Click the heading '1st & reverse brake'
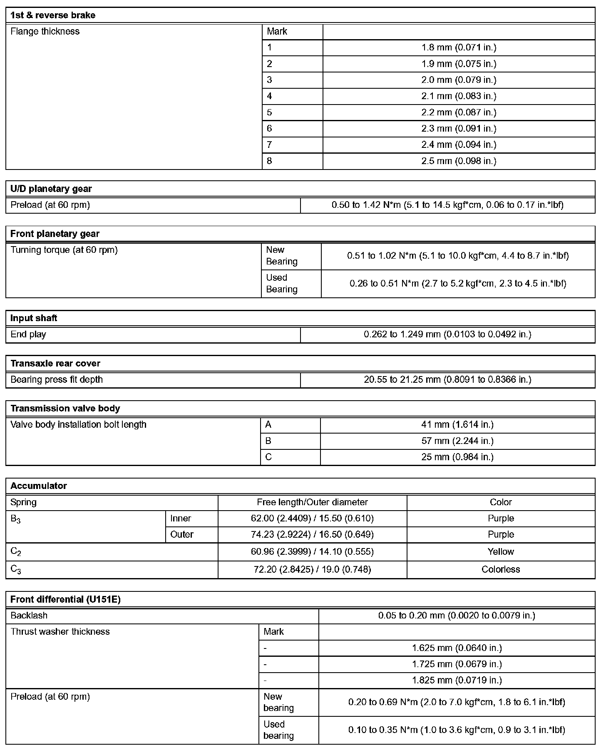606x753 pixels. coord(53,15)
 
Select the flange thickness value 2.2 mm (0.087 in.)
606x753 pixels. coord(459,112)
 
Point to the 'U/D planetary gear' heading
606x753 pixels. coord(51,189)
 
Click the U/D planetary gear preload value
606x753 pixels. coord(447,205)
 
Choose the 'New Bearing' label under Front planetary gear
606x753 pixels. coord(282,256)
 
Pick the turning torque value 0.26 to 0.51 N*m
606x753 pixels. coord(458,284)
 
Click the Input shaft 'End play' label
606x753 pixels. coord(28,334)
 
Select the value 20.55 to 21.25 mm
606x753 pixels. coord(447,380)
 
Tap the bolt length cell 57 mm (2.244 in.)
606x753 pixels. coord(457,441)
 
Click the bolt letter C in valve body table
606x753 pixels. coord(268,457)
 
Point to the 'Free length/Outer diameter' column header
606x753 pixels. coord(312,502)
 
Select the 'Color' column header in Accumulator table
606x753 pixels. coord(501,502)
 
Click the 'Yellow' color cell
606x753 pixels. coord(501,552)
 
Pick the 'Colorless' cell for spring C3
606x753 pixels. coord(501,569)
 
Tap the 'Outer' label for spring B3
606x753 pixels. coord(182,534)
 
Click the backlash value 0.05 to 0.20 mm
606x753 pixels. coord(457,616)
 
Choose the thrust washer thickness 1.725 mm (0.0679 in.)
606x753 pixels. coord(457,664)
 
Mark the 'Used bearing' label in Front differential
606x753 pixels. coord(278,730)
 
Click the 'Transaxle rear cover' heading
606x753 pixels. coord(55,364)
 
